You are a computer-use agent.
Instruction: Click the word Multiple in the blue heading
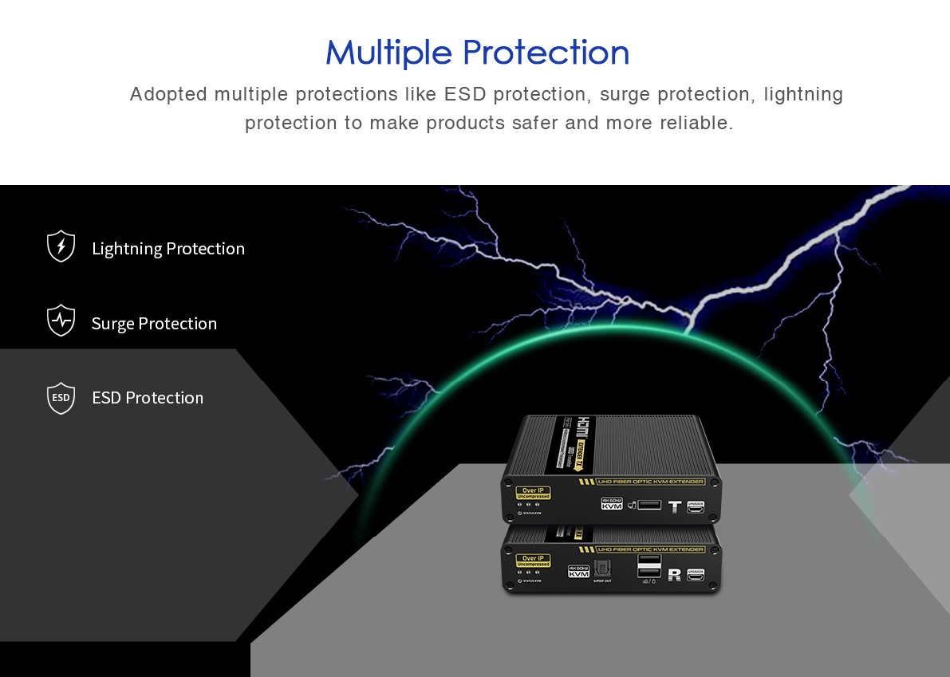click(389, 53)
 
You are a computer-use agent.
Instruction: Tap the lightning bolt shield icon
click(61, 246)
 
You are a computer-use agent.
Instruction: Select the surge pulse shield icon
click(61, 321)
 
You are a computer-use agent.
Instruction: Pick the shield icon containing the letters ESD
click(61, 398)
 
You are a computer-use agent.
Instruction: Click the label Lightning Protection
click(168, 249)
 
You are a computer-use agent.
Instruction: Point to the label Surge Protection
click(154, 324)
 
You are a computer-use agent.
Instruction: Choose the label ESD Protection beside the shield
click(148, 398)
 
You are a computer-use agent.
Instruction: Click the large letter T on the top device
click(675, 506)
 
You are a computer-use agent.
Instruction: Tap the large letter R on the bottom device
click(674, 574)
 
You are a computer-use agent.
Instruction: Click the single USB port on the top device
click(648, 505)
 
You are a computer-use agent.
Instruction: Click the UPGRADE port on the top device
click(696, 506)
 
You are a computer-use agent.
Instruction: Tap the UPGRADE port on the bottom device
click(696, 574)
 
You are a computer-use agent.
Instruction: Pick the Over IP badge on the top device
click(533, 492)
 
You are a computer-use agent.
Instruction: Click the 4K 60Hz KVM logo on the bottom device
click(578, 571)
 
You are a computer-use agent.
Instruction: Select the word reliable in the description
click(696, 123)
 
